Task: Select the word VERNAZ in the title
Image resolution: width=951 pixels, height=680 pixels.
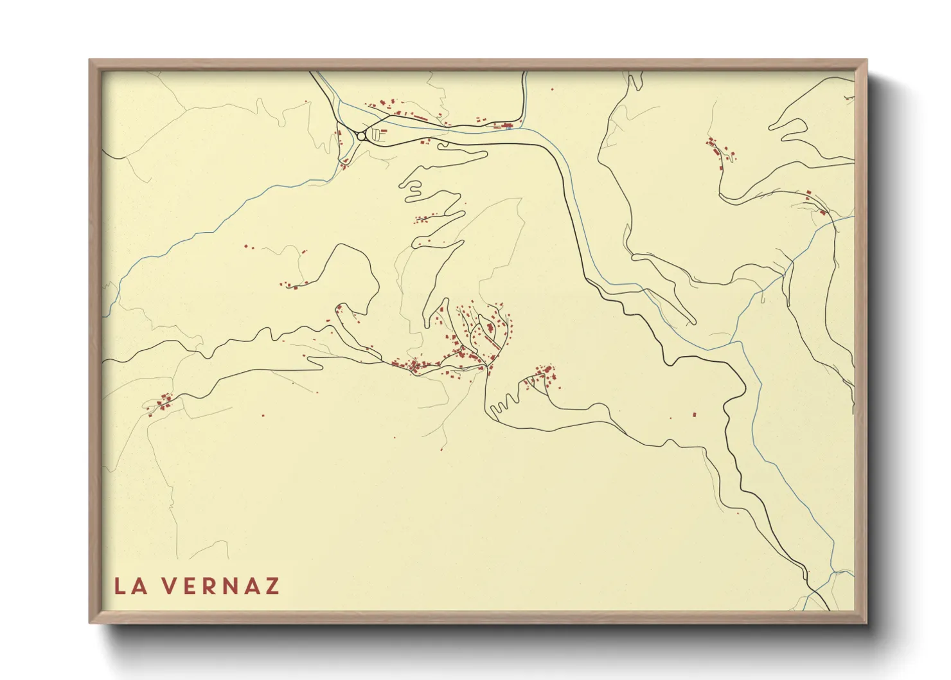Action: click(220, 586)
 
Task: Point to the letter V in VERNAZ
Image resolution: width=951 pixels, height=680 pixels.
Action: click(168, 586)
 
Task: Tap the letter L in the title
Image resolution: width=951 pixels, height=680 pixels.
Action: click(120, 586)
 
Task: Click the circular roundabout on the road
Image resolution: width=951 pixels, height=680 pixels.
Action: click(361, 136)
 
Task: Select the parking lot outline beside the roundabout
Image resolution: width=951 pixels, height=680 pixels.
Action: click(379, 134)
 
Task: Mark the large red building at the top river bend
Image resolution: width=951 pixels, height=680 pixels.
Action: click(507, 126)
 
